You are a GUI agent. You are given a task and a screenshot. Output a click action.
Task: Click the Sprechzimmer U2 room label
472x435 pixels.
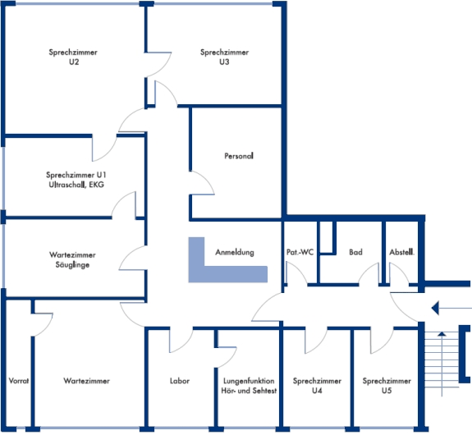coord(73,57)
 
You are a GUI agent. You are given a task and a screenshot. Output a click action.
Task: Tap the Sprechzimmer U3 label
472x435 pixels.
coord(225,57)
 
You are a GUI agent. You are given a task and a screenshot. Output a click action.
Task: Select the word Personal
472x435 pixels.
coord(239,156)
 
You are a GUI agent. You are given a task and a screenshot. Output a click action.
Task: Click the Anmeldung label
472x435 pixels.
coord(235,252)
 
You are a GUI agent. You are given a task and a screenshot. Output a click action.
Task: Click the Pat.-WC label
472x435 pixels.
coord(300,252)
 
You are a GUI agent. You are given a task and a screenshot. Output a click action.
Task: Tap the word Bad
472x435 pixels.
coord(355,252)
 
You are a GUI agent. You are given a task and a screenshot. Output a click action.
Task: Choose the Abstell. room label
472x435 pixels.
coord(402,252)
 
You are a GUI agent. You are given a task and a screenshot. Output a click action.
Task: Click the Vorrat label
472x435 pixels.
coord(19,381)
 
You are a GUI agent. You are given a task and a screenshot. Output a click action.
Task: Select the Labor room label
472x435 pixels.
coord(180,381)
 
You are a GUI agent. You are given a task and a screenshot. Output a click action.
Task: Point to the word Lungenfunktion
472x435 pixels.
coord(249,381)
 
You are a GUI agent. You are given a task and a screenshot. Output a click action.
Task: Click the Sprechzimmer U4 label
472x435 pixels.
coord(317,386)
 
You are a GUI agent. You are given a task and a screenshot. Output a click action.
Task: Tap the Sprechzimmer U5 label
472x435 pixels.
coord(387,386)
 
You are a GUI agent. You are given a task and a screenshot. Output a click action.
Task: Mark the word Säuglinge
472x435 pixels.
coord(72,265)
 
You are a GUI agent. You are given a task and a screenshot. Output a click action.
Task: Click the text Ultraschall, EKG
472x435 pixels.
coord(76,185)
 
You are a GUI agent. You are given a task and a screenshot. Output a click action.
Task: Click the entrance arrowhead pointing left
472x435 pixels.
coord(435,308)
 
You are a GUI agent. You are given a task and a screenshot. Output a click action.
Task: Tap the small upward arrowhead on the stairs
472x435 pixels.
coord(442,333)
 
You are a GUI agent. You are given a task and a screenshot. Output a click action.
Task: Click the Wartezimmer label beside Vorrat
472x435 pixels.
coord(87,381)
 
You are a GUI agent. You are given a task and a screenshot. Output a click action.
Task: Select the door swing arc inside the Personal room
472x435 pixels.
coord(207,179)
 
